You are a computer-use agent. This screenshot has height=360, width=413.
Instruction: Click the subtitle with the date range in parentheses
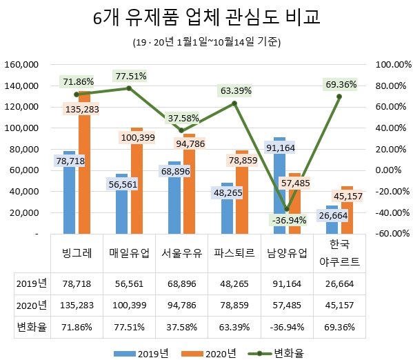pos(206,42)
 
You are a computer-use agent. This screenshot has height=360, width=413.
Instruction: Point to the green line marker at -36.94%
pos(287,209)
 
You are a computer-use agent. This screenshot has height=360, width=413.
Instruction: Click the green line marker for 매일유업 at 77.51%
pos(129,88)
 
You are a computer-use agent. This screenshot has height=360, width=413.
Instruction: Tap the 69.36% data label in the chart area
pos(339,84)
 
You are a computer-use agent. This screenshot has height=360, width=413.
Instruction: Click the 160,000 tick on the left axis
pos(21,64)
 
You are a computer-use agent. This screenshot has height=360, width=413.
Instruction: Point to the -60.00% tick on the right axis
pos(390,234)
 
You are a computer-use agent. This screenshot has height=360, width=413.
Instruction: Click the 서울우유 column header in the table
pos(182,253)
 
